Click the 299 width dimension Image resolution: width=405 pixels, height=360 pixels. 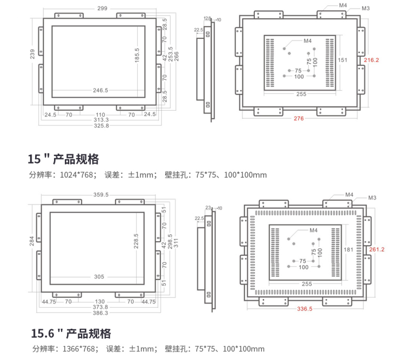[x=103, y=9]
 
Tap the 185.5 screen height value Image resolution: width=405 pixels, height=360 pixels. [x=138, y=56]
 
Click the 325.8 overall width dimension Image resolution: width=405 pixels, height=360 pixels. [x=101, y=125]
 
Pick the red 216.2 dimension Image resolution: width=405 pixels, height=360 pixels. [x=372, y=60]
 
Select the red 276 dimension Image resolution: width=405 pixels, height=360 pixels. [x=299, y=118]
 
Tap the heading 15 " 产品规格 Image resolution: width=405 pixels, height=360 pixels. [x=63, y=159]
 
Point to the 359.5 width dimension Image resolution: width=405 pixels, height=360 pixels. [x=101, y=194]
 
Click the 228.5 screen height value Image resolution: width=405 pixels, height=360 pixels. [x=136, y=240]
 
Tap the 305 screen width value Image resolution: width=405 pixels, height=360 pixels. [x=99, y=277]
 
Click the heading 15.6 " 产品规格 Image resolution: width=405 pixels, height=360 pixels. [x=70, y=333]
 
